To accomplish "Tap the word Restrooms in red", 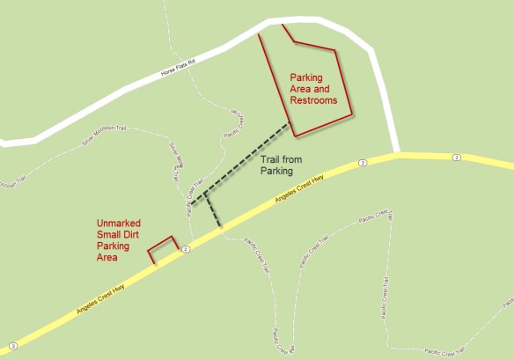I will [x=313, y=101].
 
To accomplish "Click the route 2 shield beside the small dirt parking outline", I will [x=185, y=250].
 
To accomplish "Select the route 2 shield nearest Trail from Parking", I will [x=363, y=163].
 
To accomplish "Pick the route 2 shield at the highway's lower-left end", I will [x=12, y=343].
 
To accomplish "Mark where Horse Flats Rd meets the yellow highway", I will [x=398, y=155].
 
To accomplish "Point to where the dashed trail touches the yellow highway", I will [x=220, y=229].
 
